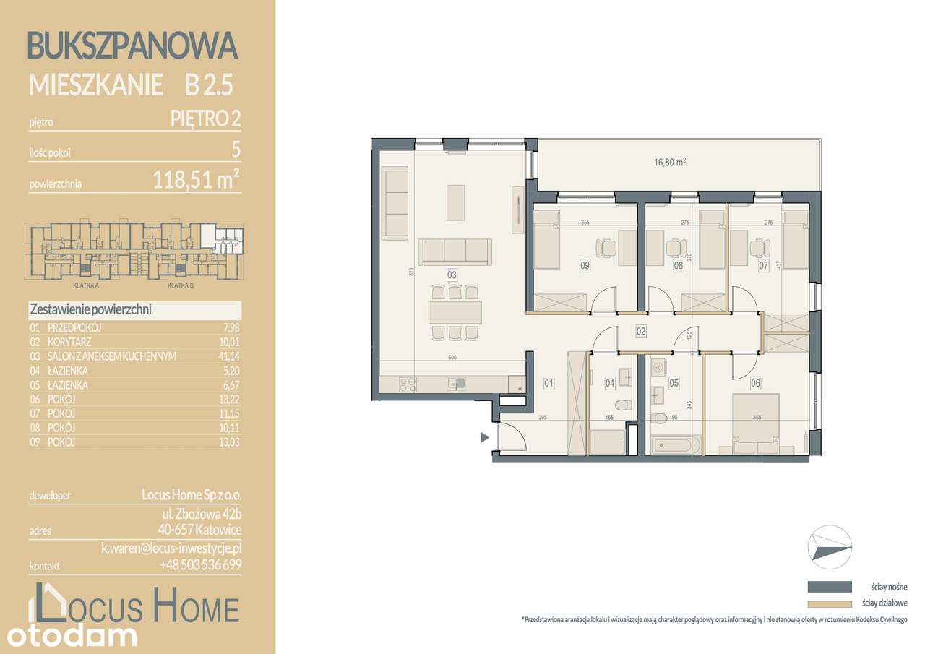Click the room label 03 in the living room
click(x=452, y=275)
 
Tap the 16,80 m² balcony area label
click(x=669, y=163)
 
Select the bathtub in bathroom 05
click(x=676, y=445)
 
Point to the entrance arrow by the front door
click(x=485, y=437)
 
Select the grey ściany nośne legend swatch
click(x=830, y=586)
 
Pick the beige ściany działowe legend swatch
click(x=830, y=603)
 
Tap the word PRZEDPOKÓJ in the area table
click(x=74, y=327)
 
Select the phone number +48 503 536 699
click(x=201, y=565)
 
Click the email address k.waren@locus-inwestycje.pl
click(x=171, y=548)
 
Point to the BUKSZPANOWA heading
click(x=132, y=46)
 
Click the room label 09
click(x=585, y=265)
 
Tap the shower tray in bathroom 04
click(x=607, y=442)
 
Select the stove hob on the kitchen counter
click(x=408, y=384)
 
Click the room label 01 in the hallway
click(x=548, y=383)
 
